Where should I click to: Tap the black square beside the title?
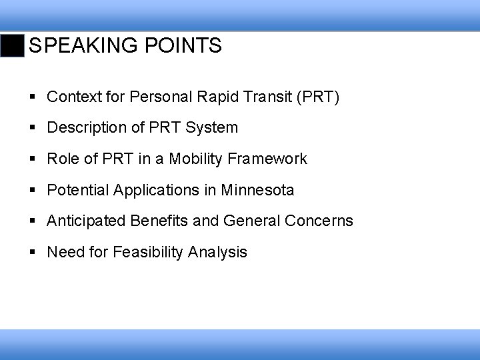(x=12, y=46)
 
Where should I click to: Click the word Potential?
(x=77, y=190)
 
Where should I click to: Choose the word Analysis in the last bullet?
(x=218, y=252)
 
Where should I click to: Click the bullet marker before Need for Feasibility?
(x=33, y=252)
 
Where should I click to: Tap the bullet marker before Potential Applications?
(x=33, y=191)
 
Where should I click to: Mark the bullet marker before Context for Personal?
(x=33, y=98)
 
